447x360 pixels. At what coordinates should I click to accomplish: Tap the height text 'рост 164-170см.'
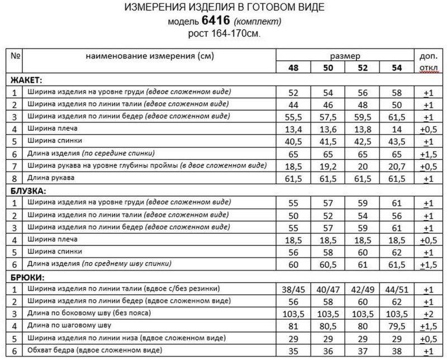224,34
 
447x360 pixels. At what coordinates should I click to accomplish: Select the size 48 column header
293,69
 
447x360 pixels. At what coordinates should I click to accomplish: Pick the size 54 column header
397,69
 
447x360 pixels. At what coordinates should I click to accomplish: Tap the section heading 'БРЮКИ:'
26,277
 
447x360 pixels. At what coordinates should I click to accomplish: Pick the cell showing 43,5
397,141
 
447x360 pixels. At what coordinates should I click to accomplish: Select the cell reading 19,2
328,166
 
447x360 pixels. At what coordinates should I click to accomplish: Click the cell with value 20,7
397,166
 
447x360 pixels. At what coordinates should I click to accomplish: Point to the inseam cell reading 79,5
397,326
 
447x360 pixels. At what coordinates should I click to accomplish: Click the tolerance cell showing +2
428,314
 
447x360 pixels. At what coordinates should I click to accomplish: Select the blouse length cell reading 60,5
328,264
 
